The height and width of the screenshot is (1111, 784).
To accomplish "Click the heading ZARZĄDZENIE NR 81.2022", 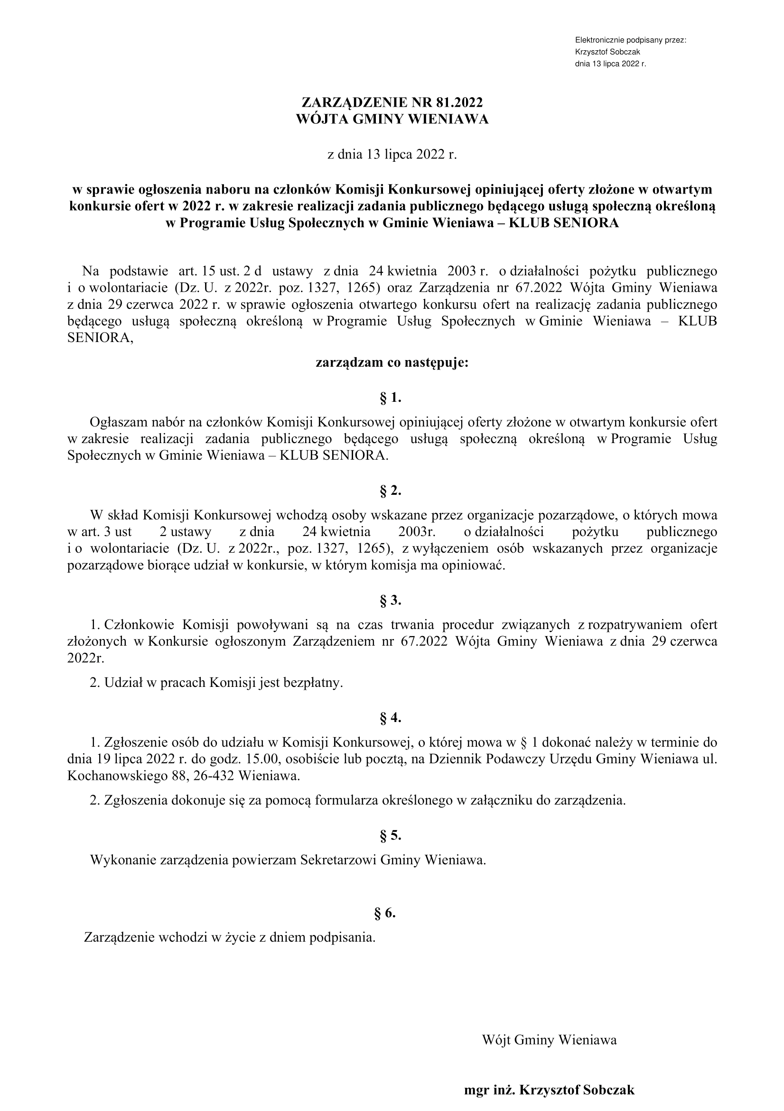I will (392, 102).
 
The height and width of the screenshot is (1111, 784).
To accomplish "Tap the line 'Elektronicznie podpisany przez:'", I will (630, 40).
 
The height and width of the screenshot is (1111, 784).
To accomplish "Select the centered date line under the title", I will (392, 155).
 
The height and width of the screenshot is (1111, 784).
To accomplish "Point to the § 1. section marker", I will (391, 398).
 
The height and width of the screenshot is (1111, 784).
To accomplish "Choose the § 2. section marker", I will (391, 491).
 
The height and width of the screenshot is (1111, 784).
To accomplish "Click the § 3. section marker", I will (391, 601).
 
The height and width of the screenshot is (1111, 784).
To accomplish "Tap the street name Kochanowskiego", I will (116, 776).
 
